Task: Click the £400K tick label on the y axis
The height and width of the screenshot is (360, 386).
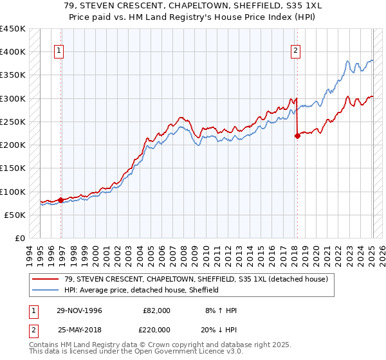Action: [x=13, y=52]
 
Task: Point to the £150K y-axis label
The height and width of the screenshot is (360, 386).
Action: [x=13, y=168]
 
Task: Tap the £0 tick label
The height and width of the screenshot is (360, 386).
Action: [x=19, y=239]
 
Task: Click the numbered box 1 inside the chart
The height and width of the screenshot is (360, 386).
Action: [x=59, y=53]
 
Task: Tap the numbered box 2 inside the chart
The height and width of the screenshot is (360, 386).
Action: [x=295, y=53]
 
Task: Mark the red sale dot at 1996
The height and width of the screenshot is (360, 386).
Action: [x=61, y=200]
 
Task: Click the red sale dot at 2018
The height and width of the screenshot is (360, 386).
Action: [x=297, y=136]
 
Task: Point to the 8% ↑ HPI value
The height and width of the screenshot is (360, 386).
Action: [x=221, y=310]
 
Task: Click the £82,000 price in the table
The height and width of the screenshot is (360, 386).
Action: [x=156, y=310]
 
